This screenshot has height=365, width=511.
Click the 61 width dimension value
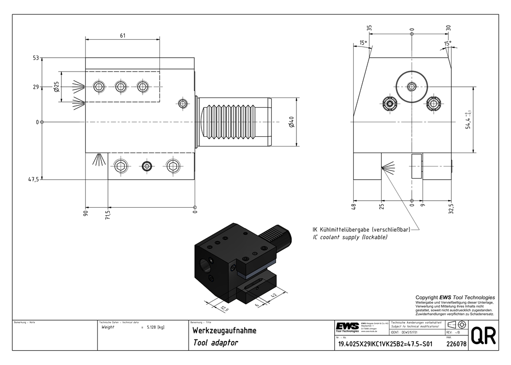pos(123,35)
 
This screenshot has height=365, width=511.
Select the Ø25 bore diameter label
pos(57,87)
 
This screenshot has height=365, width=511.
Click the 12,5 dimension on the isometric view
pos(224,308)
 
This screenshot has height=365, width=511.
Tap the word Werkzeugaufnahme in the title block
pos(224,331)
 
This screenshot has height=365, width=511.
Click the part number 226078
pos(456,344)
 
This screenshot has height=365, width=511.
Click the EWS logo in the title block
pos(347,326)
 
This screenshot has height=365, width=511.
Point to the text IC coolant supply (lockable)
pos(350,238)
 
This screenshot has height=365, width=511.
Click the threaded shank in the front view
pos(233,123)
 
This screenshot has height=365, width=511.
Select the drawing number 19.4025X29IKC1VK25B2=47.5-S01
pos(385,344)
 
